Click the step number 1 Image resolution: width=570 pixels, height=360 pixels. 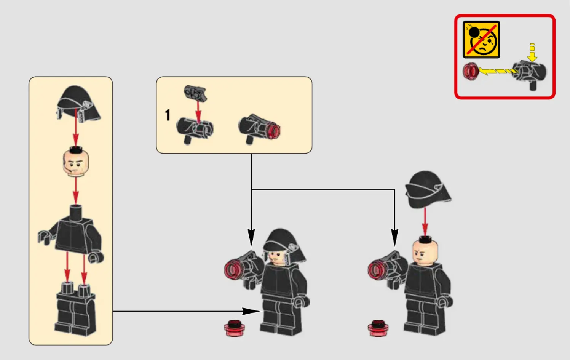[168, 115]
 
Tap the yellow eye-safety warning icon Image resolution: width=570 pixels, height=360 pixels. [481, 40]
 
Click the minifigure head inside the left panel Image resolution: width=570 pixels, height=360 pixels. [76, 162]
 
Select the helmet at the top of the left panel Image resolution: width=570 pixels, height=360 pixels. [78, 104]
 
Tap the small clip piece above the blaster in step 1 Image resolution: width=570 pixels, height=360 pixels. [195, 94]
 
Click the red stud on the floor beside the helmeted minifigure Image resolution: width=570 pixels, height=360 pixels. [235, 328]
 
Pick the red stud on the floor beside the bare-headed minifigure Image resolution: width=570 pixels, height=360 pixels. [378, 328]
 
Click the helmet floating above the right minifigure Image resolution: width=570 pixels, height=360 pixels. [428, 190]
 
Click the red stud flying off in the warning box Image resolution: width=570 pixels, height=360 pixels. [471, 72]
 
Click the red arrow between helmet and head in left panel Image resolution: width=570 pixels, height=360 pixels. [75, 128]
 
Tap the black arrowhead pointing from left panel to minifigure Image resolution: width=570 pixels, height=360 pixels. [251, 311]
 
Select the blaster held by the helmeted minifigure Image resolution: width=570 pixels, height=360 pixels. [244, 267]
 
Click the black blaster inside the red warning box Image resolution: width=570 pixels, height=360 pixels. [530, 74]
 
